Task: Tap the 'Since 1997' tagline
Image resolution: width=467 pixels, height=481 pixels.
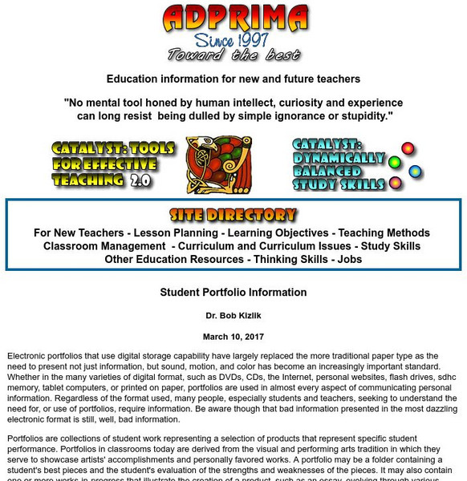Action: click(233, 39)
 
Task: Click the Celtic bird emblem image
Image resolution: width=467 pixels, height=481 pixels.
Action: click(218, 164)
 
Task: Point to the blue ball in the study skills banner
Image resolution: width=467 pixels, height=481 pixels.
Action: click(415, 171)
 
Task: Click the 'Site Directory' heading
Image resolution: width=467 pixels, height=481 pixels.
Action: click(233, 215)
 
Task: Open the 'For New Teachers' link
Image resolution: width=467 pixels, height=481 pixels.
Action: click(79, 233)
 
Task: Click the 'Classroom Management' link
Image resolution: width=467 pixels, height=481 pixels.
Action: click(104, 246)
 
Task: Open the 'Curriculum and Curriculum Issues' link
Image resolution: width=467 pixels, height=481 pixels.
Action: click(263, 246)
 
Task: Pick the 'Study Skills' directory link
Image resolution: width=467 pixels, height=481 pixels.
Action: click(391, 246)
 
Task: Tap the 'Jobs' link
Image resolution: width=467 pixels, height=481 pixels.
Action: click(350, 259)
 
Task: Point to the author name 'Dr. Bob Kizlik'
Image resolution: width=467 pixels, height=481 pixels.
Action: click(233, 315)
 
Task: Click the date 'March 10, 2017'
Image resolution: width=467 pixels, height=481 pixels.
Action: click(233, 337)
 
